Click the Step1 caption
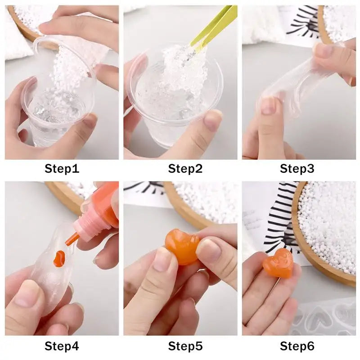pyautogui.click(x=62, y=169)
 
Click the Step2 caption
pyautogui.click(x=185, y=169)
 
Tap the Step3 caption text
pyautogui.click(x=297, y=169)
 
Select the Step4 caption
pyautogui.click(x=62, y=346)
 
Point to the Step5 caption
pyautogui.click(x=185, y=346)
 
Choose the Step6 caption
pyautogui.click(x=297, y=346)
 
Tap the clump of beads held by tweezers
pyautogui.click(x=180, y=67)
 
